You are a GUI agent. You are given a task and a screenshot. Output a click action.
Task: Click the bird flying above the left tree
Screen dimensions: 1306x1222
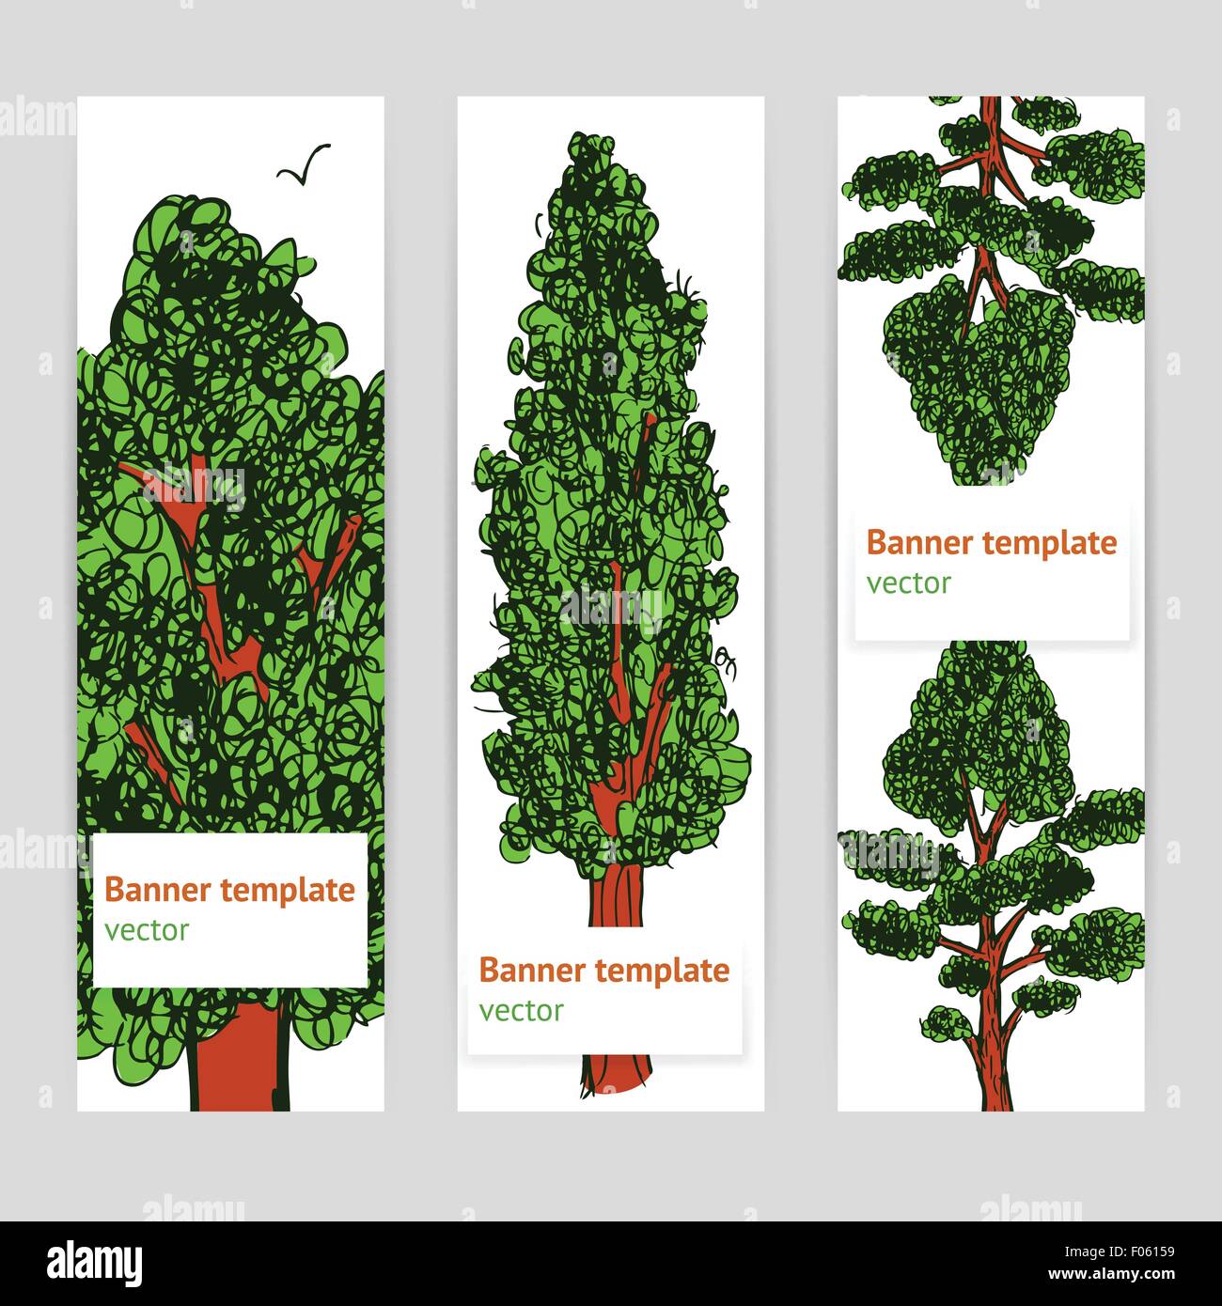tap(304, 163)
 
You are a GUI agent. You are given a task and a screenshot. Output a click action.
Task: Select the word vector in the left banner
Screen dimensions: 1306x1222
tap(147, 930)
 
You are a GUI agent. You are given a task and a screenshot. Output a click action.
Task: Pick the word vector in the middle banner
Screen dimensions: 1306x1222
tap(521, 1011)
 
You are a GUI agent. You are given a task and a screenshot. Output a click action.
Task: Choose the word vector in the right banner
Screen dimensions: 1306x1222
tap(908, 583)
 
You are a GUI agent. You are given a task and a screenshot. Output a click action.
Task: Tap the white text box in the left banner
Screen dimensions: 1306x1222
tap(230, 910)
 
